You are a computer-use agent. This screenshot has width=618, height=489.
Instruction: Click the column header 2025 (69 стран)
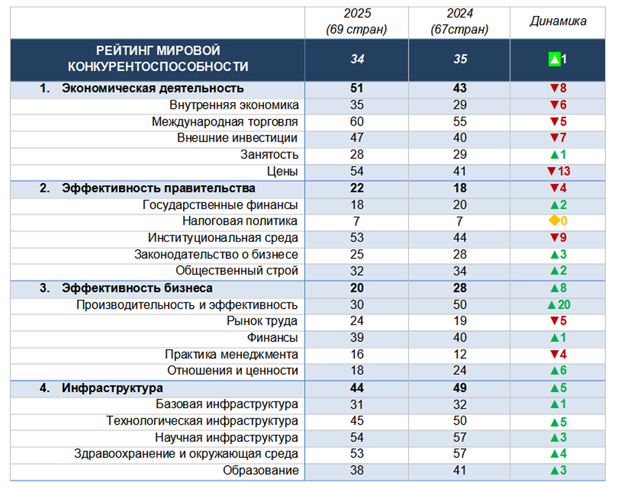357,22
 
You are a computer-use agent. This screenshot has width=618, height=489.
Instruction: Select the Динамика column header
558,21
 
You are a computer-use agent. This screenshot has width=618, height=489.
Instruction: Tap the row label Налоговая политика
240,221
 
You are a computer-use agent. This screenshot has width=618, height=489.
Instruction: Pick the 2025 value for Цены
357,172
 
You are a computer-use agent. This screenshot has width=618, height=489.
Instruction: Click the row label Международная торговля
224,122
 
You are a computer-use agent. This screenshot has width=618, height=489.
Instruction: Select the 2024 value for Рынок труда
460,321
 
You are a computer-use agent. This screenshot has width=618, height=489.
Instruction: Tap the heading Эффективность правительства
158,188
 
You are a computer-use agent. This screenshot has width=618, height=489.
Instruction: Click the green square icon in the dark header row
553,59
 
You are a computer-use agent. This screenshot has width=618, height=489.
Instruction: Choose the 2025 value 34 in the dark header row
357,59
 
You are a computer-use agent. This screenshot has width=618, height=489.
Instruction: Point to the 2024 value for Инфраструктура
460,387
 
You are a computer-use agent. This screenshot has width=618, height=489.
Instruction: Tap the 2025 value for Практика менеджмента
357,354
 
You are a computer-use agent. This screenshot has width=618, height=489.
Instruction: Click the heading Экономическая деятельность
152,88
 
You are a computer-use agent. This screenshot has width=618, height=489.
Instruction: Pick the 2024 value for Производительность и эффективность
460,305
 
